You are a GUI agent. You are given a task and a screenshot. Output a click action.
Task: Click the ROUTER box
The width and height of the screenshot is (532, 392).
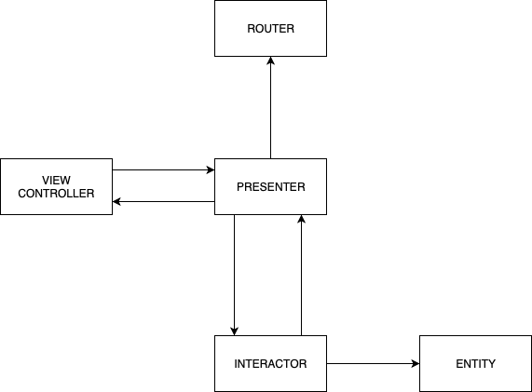click(270, 28)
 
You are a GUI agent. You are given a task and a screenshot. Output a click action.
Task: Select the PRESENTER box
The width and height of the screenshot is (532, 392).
click(270, 186)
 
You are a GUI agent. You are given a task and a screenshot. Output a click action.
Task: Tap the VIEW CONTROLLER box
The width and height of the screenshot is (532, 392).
click(56, 186)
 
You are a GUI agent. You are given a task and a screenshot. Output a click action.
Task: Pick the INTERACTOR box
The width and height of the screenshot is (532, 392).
click(270, 363)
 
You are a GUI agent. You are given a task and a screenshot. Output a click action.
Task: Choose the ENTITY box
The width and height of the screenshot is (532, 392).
click(475, 363)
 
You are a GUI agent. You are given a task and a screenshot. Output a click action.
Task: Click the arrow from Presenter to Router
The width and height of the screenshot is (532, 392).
click(270, 107)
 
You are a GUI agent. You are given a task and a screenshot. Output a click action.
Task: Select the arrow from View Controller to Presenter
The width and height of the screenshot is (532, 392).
click(163, 170)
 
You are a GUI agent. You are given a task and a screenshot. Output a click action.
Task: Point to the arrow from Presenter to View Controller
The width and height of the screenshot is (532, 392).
click(163, 201)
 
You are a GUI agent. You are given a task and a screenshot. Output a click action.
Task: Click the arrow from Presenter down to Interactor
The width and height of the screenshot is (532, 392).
click(234, 275)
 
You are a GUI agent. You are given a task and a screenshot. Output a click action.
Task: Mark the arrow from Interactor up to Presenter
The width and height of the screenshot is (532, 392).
click(301, 275)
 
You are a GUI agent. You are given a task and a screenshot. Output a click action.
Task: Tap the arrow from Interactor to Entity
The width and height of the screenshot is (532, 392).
click(373, 363)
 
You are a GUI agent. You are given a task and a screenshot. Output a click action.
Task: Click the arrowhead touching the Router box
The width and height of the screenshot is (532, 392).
click(270, 61)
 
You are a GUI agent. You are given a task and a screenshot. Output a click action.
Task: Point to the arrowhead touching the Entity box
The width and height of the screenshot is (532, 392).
click(414, 363)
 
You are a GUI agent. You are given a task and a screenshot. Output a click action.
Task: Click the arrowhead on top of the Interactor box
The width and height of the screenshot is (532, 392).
click(234, 330)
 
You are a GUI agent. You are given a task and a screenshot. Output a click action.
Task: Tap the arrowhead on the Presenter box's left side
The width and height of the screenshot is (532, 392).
click(209, 170)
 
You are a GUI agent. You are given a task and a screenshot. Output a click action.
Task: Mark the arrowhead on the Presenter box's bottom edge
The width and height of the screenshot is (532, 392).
click(301, 220)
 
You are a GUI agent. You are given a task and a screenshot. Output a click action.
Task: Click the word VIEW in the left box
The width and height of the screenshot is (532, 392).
click(56, 179)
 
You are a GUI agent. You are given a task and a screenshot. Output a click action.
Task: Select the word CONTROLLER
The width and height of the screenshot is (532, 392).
click(56, 194)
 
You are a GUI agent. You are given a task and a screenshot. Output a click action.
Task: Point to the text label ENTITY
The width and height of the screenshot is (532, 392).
click(475, 363)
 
